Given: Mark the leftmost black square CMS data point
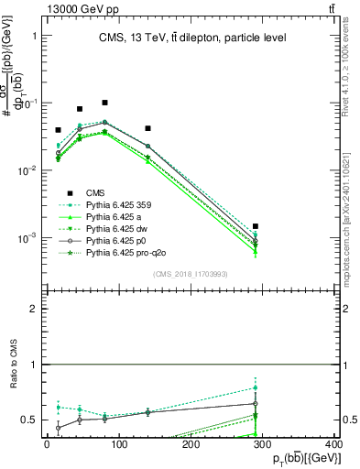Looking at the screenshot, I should [58, 130].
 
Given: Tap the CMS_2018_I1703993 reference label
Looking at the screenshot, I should [190, 274].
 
